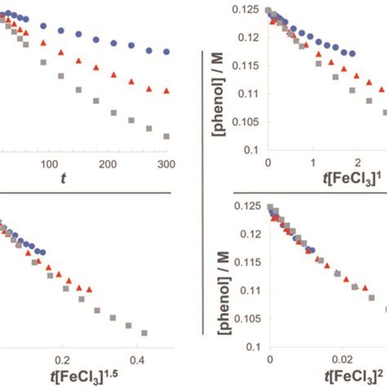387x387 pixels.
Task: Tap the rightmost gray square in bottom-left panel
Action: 145,333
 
